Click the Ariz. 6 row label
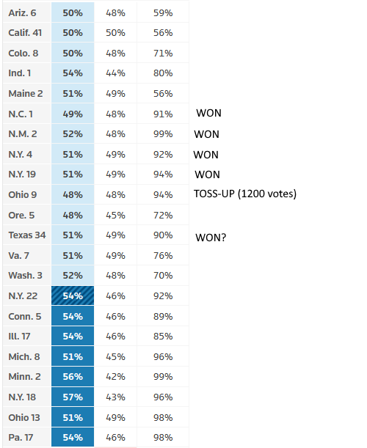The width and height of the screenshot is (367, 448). [22, 13]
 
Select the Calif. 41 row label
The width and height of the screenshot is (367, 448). [25, 33]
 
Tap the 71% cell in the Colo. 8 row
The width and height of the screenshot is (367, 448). [163, 53]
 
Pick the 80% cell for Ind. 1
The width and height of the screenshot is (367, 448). [163, 73]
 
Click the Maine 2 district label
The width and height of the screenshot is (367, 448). [26, 93]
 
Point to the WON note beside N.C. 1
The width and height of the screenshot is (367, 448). [208, 113]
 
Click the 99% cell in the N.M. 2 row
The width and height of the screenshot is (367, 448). [163, 133]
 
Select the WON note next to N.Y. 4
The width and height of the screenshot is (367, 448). [206, 155]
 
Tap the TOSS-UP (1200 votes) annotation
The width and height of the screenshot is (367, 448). [245, 194]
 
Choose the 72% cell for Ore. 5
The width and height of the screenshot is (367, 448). [163, 215]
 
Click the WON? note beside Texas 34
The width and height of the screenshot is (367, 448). [211, 238]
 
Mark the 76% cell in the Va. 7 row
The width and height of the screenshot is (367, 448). [163, 255]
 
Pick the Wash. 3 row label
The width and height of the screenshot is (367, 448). [26, 276]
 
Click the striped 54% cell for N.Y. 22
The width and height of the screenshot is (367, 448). [73, 295]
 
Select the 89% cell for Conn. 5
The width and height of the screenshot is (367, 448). [163, 316]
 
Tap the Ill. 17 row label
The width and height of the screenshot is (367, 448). [20, 337]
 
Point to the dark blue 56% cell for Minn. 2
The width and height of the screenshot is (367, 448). [73, 377]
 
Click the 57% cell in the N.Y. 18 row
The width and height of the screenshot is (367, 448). [73, 397]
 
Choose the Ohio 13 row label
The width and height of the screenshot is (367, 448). [24, 417]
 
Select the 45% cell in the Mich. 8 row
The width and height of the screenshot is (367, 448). [115, 356]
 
